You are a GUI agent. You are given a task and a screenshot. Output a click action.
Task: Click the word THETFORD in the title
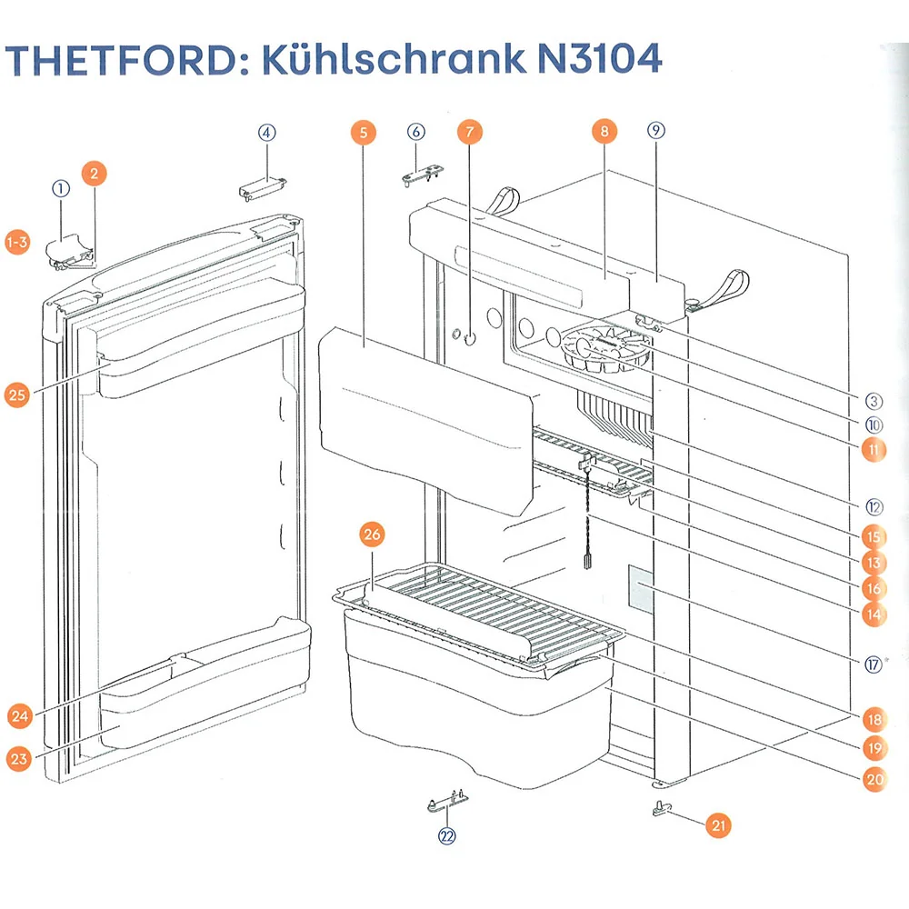(125, 59)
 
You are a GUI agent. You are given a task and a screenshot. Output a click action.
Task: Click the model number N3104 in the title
(599, 58)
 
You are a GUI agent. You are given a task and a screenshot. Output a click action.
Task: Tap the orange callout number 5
(364, 132)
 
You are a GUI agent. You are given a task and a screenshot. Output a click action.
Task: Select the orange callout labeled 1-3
(17, 242)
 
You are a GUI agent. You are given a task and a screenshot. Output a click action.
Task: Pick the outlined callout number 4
(266, 133)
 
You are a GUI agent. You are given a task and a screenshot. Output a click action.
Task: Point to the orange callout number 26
(372, 534)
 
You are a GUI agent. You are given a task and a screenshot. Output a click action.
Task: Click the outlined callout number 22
(447, 836)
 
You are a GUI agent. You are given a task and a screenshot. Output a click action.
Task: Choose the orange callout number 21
(718, 825)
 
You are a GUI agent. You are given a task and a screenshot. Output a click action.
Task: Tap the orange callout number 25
(16, 395)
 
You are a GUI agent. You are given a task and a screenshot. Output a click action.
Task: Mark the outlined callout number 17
(873, 664)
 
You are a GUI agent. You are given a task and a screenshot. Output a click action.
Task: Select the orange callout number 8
(604, 131)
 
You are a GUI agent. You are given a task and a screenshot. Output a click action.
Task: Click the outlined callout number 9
(655, 130)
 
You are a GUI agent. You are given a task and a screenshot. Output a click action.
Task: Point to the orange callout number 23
(18, 759)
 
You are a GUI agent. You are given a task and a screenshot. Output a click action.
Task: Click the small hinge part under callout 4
(263, 188)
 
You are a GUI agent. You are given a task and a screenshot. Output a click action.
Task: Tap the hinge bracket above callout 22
(447, 801)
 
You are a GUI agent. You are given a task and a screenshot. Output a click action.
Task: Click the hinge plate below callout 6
(423, 175)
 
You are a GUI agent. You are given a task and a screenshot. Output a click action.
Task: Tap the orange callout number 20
(874, 779)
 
